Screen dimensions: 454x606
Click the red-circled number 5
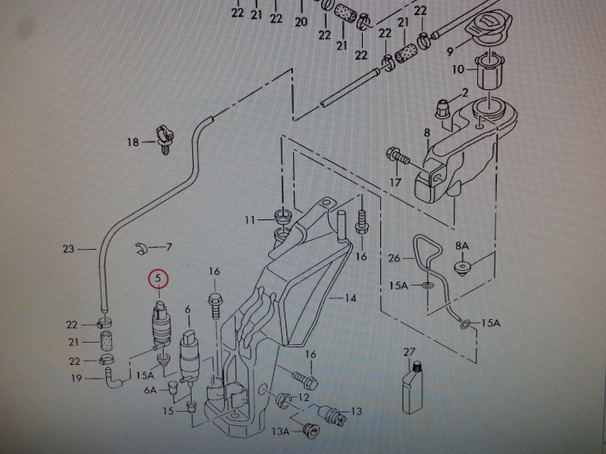[159, 279]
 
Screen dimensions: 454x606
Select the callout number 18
[133, 141]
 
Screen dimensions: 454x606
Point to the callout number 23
[69, 248]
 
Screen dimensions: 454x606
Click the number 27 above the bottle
[410, 353]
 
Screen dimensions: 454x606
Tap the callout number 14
[350, 298]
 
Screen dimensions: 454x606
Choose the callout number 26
[393, 258]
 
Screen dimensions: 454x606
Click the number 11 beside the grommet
[251, 220]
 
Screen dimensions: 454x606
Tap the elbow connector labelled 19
[114, 378]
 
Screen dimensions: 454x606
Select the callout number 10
[457, 70]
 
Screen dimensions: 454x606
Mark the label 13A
[282, 431]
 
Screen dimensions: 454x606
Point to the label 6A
[150, 390]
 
